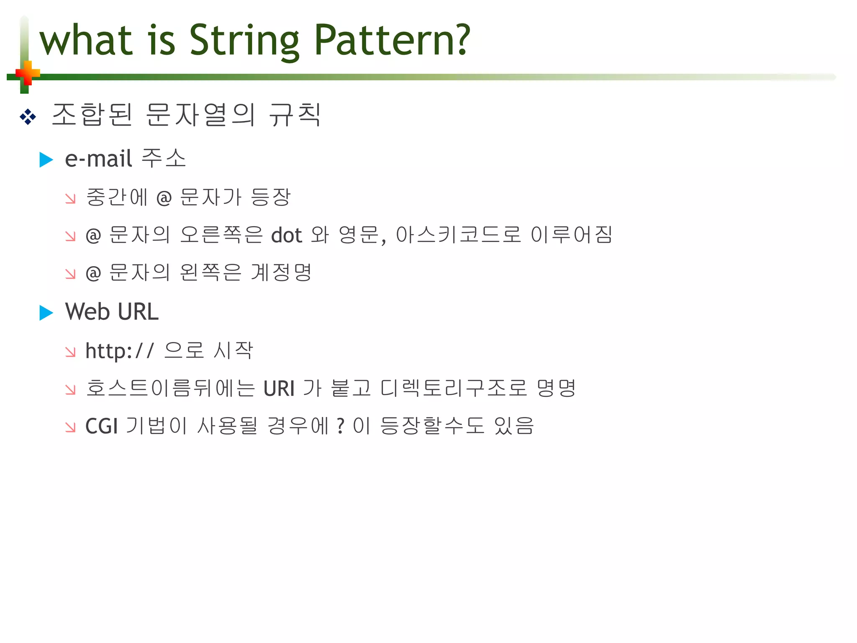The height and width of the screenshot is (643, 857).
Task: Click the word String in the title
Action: pyautogui.click(x=244, y=41)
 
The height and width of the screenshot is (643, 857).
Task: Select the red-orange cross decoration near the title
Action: pyautogui.click(x=28, y=74)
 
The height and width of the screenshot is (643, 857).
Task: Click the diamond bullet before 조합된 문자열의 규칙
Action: pyautogui.click(x=28, y=116)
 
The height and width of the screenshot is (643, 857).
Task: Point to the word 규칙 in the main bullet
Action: pyautogui.click(x=295, y=115)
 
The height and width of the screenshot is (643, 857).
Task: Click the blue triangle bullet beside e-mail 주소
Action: pyautogui.click(x=46, y=159)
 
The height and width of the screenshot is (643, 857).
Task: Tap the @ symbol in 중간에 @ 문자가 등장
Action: pyautogui.click(x=164, y=198)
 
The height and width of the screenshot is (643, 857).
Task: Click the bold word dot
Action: pyautogui.click(x=287, y=235)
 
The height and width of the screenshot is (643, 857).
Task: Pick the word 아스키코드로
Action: pyautogui.click(x=458, y=235)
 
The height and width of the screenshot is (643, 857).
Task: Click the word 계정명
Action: pyautogui.click(x=281, y=273)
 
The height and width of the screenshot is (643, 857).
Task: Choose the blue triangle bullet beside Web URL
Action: pyautogui.click(x=46, y=313)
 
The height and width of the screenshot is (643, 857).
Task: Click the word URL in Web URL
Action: pyautogui.click(x=138, y=312)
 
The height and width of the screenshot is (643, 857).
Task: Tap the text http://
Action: pyautogui.click(x=120, y=351)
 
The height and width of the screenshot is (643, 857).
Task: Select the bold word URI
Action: pyautogui.click(x=279, y=388)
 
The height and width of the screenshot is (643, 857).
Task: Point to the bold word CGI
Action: pyautogui.click(x=101, y=427)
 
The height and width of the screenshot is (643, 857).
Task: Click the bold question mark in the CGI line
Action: pyautogui.click(x=341, y=426)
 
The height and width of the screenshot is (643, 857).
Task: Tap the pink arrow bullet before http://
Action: pyautogui.click(x=70, y=352)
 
